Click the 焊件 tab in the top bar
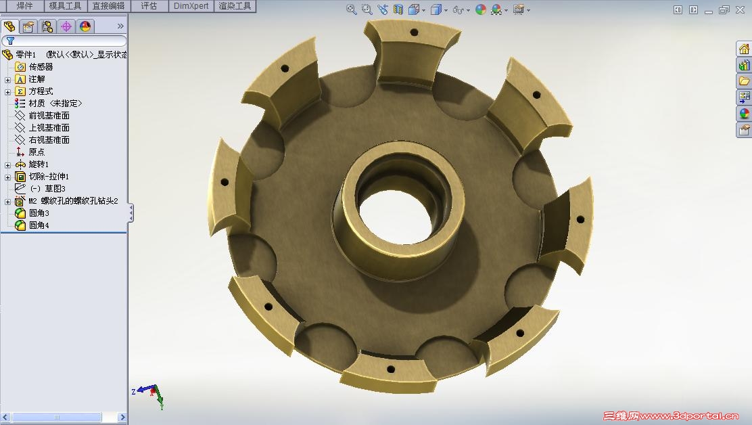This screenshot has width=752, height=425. click(24, 6)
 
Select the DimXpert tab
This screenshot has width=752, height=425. click(191, 6)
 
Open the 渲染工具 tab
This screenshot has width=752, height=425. click(235, 6)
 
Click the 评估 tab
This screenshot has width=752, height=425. click(149, 6)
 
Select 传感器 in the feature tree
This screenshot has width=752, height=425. click(41, 67)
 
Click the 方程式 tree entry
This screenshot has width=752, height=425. click(41, 91)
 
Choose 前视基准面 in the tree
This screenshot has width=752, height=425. click(49, 116)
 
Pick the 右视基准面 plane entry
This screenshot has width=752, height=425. click(49, 139)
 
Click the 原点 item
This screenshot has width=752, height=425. click(37, 152)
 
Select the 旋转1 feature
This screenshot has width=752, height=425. click(39, 164)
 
